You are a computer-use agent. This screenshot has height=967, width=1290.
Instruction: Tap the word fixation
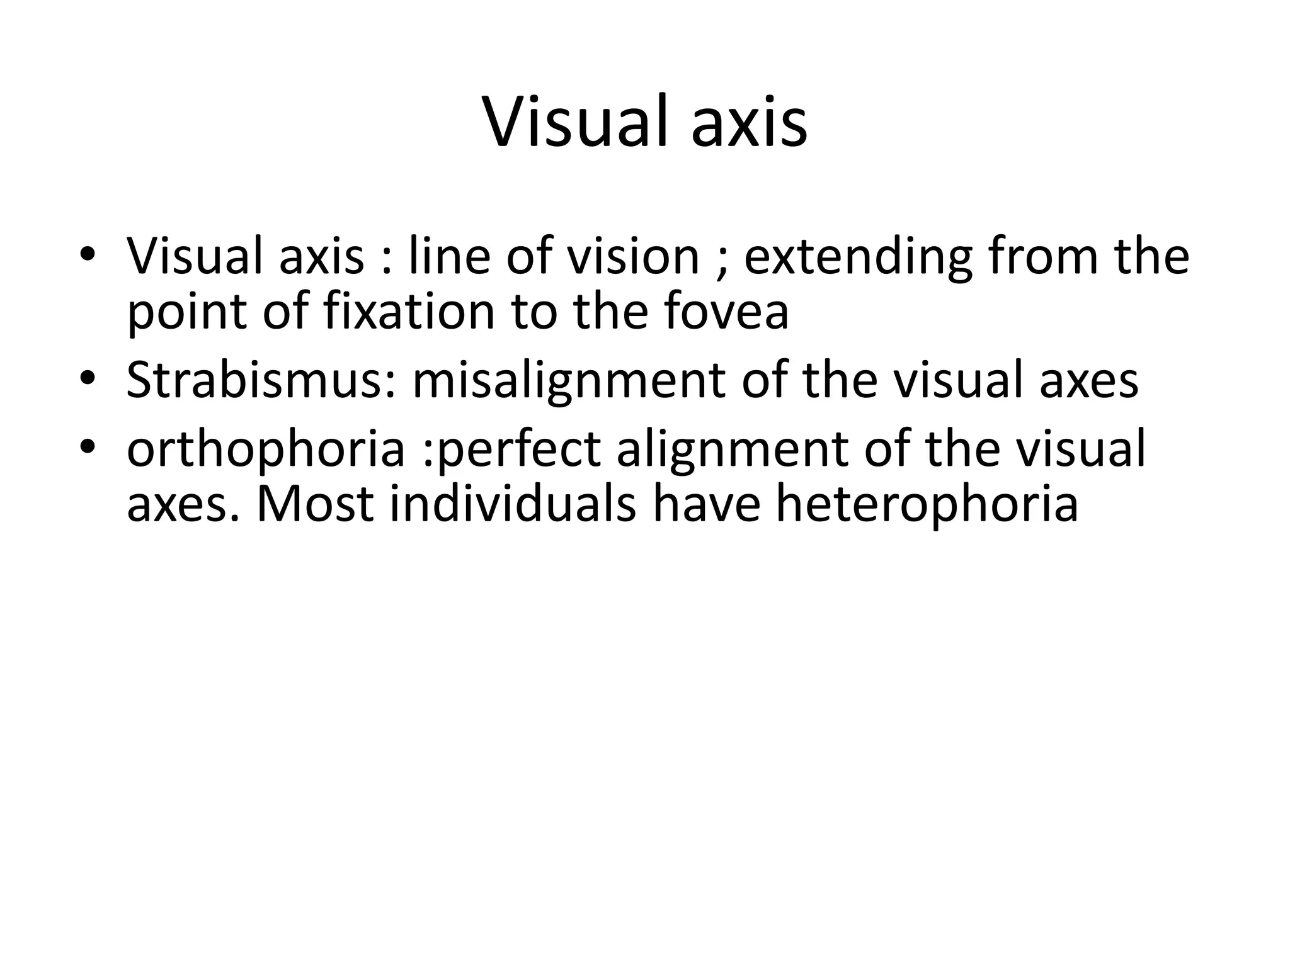click(x=409, y=311)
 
